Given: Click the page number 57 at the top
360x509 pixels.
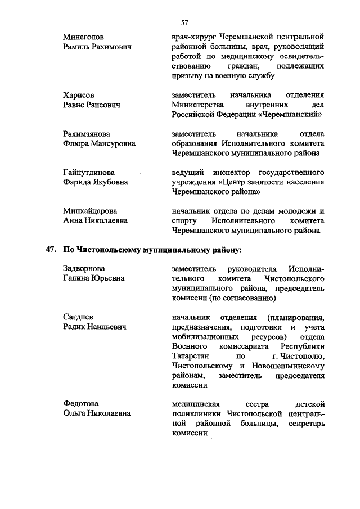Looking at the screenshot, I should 184,22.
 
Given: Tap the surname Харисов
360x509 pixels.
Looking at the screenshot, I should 79,95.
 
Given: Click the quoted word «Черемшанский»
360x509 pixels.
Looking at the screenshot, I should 289,114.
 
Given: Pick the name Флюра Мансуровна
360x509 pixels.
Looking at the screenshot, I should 100,143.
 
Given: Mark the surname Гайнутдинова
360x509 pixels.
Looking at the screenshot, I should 89,172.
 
